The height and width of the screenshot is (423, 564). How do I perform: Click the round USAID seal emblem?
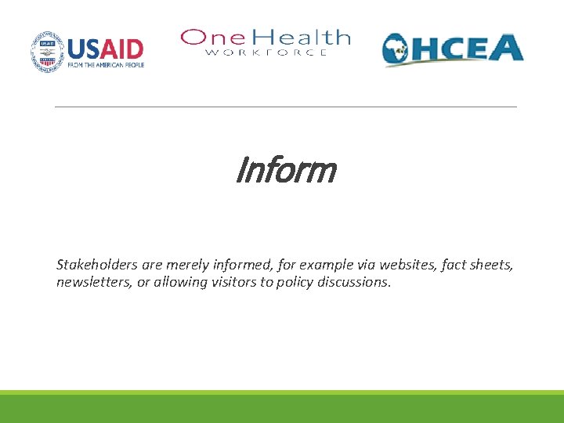pos(49,52)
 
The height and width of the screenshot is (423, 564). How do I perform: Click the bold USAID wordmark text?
pos(106,49)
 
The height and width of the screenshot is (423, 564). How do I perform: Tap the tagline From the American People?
pos(106,65)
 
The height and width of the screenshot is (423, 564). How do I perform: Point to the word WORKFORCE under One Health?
pos(266,52)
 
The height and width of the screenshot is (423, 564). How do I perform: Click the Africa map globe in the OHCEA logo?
pos(399,51)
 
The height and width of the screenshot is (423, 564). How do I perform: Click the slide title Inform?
pos(285,170)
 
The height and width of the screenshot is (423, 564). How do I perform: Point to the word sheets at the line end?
pos(493,265)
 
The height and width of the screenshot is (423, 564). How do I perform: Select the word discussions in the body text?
pos(353,282)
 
